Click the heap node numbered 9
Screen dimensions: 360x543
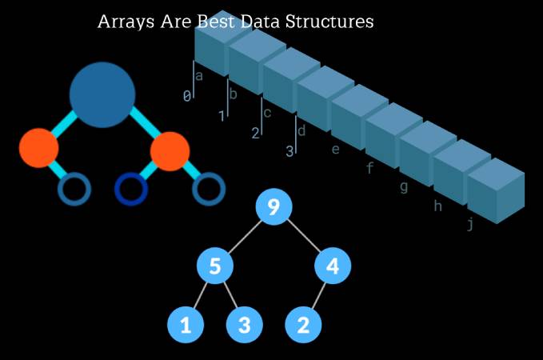click(x=273, y=208)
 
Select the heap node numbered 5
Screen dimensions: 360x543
click(x=215, y=266)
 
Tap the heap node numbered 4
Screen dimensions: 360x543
click(x=333, y=266)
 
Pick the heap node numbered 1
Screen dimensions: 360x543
click(x=186, y=325)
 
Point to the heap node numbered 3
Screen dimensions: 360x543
click(x=245, y=325)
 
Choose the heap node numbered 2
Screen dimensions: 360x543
click(x=303, y=325)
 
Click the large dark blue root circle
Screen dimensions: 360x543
click(x=102, y=95)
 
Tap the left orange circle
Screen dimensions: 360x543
click(x=38, y=148)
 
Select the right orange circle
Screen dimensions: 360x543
click(x=170, y=151)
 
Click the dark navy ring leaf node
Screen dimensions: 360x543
click(x=131, y=189)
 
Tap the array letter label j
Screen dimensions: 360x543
click(x=470, y=225)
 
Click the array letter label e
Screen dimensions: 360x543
click(x=335, y=149)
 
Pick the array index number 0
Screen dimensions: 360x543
click(x=187, y=96)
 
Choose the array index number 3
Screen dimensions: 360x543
click(x=290, y=150)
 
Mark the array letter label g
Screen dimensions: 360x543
click(x=403, y=187)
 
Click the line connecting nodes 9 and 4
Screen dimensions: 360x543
click(x=303, y=237)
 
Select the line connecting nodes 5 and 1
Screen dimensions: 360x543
click(x=200, y=295)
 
